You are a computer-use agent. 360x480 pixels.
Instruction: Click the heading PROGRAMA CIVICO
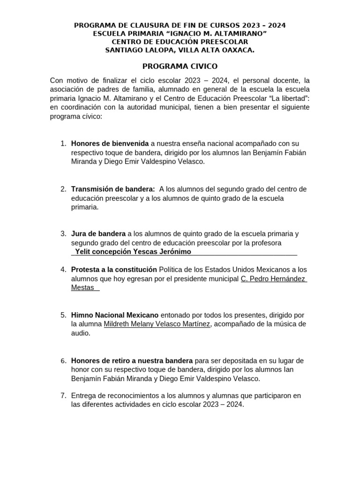180,67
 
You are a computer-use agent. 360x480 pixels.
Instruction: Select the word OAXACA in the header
238,50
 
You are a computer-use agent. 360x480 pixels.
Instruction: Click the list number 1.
63,143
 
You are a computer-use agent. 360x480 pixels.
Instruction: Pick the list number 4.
63,270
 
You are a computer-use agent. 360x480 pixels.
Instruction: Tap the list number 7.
63,396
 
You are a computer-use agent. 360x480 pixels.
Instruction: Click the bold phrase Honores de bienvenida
110,143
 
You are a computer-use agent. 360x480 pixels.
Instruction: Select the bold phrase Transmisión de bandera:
113,189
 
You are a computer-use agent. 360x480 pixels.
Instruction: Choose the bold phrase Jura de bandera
98,233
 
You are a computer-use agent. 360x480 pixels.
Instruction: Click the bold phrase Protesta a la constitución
114,270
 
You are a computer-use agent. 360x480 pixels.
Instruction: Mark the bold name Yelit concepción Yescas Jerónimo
133,252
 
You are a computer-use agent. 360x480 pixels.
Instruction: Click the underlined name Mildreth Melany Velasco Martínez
157,324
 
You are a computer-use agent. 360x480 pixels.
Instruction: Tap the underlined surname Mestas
82,287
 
